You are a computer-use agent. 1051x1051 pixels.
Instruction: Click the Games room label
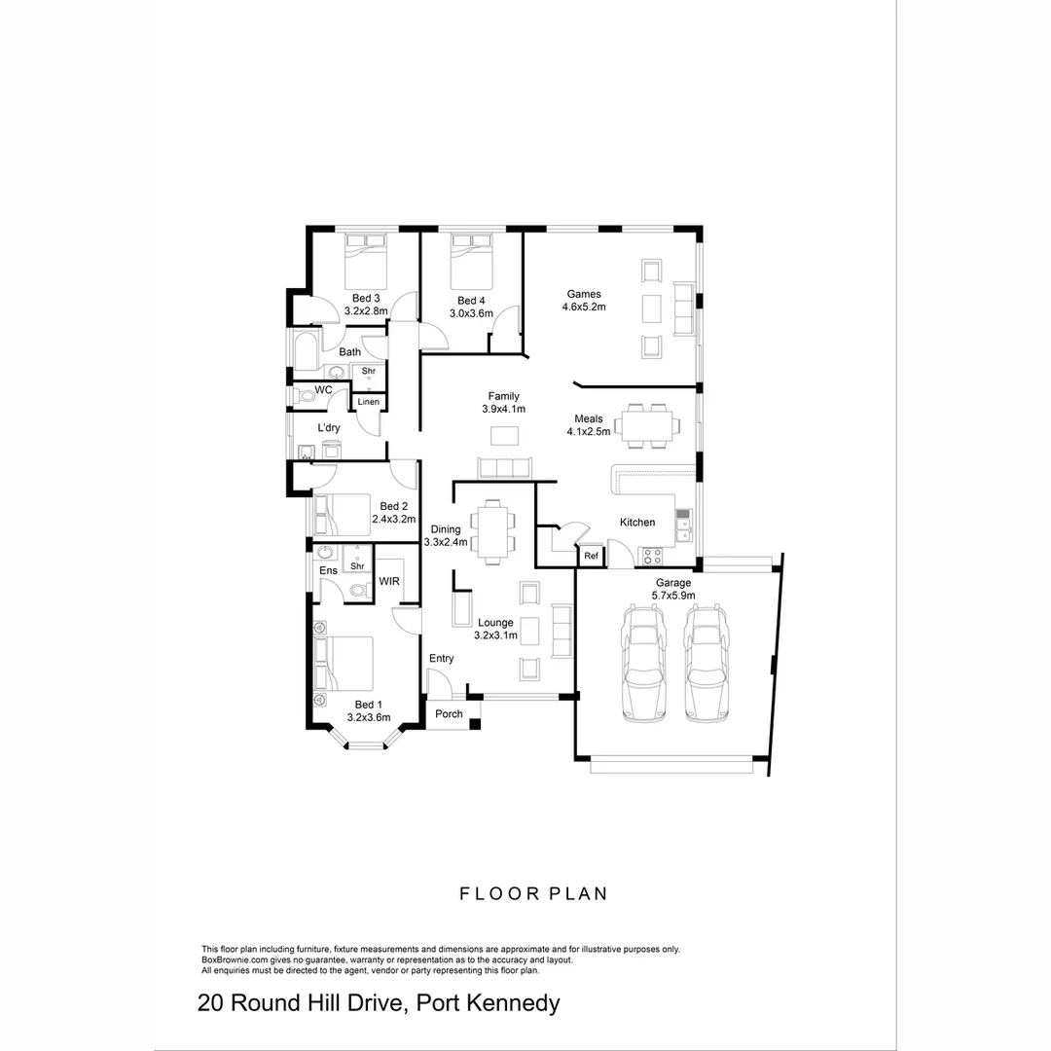pyautogui.click(x=584, y=294)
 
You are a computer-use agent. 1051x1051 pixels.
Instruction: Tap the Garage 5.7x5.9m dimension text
pyautogui.click(x=671, y=596)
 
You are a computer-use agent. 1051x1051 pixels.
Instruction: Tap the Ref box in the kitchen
pyautogui.click(x=591, y=556)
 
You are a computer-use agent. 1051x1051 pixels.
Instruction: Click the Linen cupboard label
pyautogui.click(x=369, y=402)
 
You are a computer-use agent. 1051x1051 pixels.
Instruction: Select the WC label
pyautogui.click(x=324, y=389)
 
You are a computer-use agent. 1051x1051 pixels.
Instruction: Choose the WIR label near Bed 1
pyautogui.click(x=389, y=581)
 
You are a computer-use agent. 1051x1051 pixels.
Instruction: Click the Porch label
pyautogui.click(x=449, y=714)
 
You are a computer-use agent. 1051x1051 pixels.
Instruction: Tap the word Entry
pyautogui.click(x=442, y=659)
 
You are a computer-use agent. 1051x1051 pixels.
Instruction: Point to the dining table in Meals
pyautogui.click(x=649, y=425)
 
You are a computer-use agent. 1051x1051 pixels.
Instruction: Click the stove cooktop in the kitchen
pyautogui.click(x=651, y=557)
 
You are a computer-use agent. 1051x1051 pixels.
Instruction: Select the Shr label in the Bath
pyautogui.click(x=369, y=371)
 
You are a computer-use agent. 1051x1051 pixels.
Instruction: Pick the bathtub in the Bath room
pyautogui.click(x=304, y=351)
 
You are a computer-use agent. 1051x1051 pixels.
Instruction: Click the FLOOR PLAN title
pyautogui.click(x=533, y=893)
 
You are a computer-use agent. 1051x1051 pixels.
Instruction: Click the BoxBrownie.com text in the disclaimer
pyautogui.click(x=235, y=960)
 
